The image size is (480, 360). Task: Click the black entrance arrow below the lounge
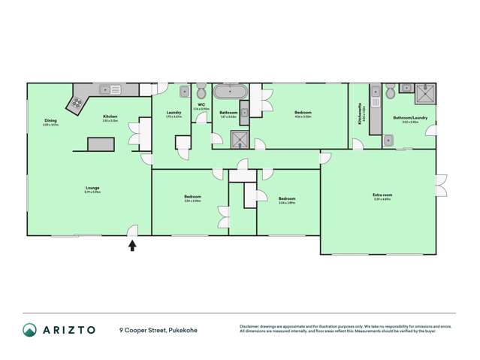click(x=133, y=244)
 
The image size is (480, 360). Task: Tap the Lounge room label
click(x=93, y=189)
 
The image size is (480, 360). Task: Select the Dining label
click(x=50, y=123)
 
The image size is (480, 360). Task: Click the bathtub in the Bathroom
click(x=228, y=93)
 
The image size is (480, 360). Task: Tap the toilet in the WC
click(x=201, y=91)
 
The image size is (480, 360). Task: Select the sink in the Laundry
click(x=184, y=91)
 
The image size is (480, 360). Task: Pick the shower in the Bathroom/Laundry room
click(x=424, y=93)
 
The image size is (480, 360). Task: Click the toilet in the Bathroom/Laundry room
click(x=390, y=91)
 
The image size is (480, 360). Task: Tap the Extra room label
click(x=382, y=196)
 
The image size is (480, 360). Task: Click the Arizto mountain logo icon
click(x=30, y=330)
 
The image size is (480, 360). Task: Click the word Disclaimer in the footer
click(x=250, y=325)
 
